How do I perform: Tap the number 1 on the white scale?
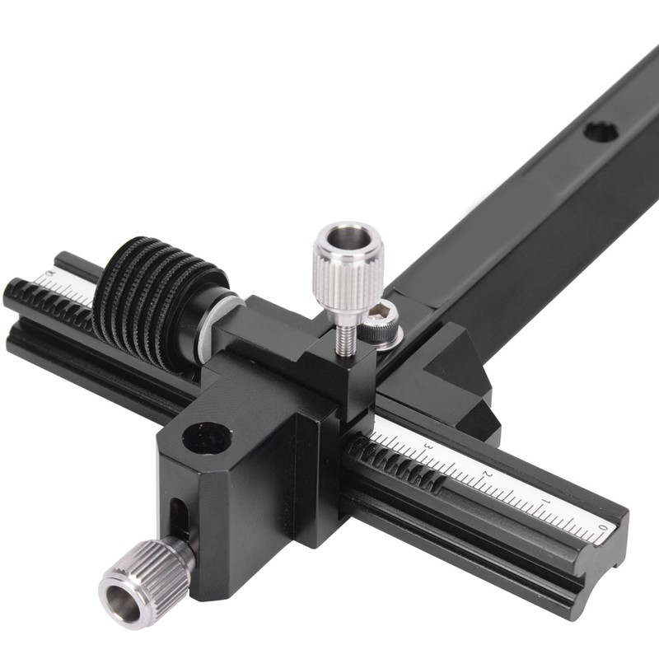pyautogui.click(x=544, y=501)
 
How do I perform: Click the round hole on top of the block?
pyautogui.click(x=206, y=437)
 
